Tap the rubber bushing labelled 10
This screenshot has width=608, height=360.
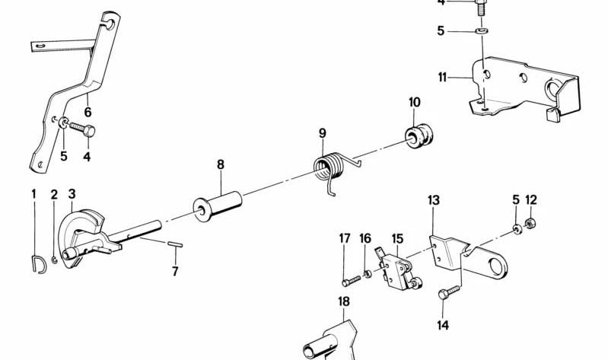pyautogui.click(x=416, y=135)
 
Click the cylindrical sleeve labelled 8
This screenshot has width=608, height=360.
pyautogui.click(x=218, y=205)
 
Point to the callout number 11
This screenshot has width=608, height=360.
pyautogui.click(x=442, y=77)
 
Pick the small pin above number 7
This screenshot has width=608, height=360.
pyautogui.click(x=174, y=245)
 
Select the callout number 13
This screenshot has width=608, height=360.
pyautogui.click(x=433, y=201)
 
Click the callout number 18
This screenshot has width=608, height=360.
pyautogui.click(x=344, y=301)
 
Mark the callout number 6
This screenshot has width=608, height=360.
pyautogui.click(x=88, y=112)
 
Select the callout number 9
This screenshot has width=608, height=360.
pyautogui.click(x=322, y=134)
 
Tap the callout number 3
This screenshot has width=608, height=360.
pyautogui.click(x=72, y=193)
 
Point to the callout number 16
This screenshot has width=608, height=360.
pyautogui.click(x=365, y=239)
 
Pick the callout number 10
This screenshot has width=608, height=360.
pyautogui.click(x=414, y=103)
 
